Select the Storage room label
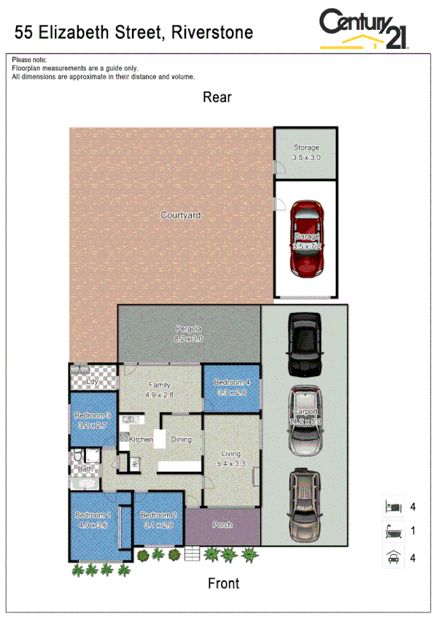click(306, 153)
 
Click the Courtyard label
click(180, 215)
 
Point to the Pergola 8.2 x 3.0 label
click(188, 334)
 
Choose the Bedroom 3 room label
click(93, 420)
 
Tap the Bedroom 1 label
click(93, 520)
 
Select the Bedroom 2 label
click(157, 520)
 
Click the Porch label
click(223, 525)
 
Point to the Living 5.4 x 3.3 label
click(231, 458)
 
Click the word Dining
click(181, 439)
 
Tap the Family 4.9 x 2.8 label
click(160, 389)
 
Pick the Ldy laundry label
click(93, 381)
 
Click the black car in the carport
click(304, 342)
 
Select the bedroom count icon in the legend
click(392, 506)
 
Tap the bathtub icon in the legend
click(392, 532)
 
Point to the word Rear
click(217, 97)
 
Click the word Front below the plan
click(223, 583)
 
